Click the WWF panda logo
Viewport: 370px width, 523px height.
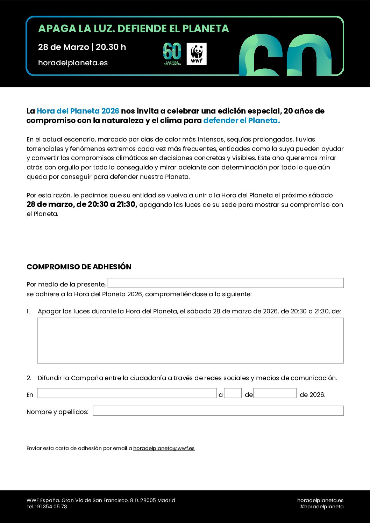[x=197, y=54]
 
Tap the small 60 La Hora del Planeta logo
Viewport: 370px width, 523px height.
[x=172, y=54]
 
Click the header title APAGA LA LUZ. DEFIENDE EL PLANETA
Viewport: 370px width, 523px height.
[x=133, y=29]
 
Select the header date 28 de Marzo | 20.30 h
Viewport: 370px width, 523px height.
[x=82, y=47]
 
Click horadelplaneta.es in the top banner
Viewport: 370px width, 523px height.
[x=73, y=63]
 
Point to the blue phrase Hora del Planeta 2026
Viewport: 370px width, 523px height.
[x=78, y=111]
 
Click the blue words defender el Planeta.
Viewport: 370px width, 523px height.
[x=241, y=121]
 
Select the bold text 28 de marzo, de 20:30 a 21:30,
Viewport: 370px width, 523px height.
[x=82, y=204]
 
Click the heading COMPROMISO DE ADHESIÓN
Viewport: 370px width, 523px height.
[x=79, y=267]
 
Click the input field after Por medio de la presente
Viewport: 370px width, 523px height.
[x=226, y=283]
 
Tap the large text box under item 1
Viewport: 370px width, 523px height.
[x=190, y=341]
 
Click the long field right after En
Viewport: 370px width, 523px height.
[x=127, y=393]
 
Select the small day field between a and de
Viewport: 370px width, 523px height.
[x=233, y=393]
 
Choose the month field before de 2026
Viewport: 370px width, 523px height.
[x=275, y=393]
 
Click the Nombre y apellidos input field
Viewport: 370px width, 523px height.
[x=218, y=411]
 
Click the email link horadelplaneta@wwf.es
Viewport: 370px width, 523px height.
[x=164, y=448]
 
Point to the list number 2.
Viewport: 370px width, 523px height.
[x=29, y=378]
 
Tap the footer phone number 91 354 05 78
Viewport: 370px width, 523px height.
[x=52, y=507]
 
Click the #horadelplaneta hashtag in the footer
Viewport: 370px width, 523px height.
[x=322, y=507]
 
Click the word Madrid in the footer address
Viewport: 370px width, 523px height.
[x=166, y=500]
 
